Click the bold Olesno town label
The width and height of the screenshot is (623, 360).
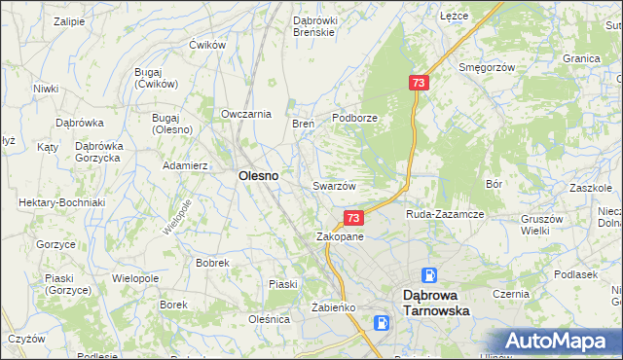click(x=259, y=176)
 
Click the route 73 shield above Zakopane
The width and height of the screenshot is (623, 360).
click(x=353, y=218)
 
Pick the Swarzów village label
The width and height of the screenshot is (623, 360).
click(x=334, y=185)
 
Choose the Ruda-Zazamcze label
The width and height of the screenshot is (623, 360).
click(x=445, y=213)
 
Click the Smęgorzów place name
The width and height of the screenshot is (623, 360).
click(x=486, y=68)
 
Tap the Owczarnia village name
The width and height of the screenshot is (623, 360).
click(x=245, y=114)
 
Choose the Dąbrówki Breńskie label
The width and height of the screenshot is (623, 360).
click(x=314, y=25)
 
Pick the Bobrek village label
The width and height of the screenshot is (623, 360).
click(x=212, y=263)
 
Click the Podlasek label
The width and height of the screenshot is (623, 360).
click(x=575, y=274)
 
